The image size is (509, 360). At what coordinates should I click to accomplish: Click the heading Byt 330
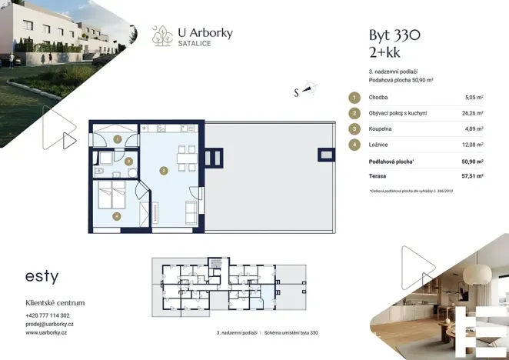point(395,35)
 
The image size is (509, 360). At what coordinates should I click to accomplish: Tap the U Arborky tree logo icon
point(161,35)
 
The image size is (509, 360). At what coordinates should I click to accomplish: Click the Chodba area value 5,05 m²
point(474,98)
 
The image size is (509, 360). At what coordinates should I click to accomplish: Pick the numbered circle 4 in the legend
point(354,144)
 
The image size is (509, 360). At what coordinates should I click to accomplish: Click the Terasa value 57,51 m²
point(472,175)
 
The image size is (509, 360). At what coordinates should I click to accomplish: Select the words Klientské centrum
point(55,303)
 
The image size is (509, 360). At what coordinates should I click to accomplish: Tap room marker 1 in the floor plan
point(117,138)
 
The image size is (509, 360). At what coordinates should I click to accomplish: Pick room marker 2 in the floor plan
point(163,170)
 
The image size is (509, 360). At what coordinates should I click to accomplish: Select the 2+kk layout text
point(385,52)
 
